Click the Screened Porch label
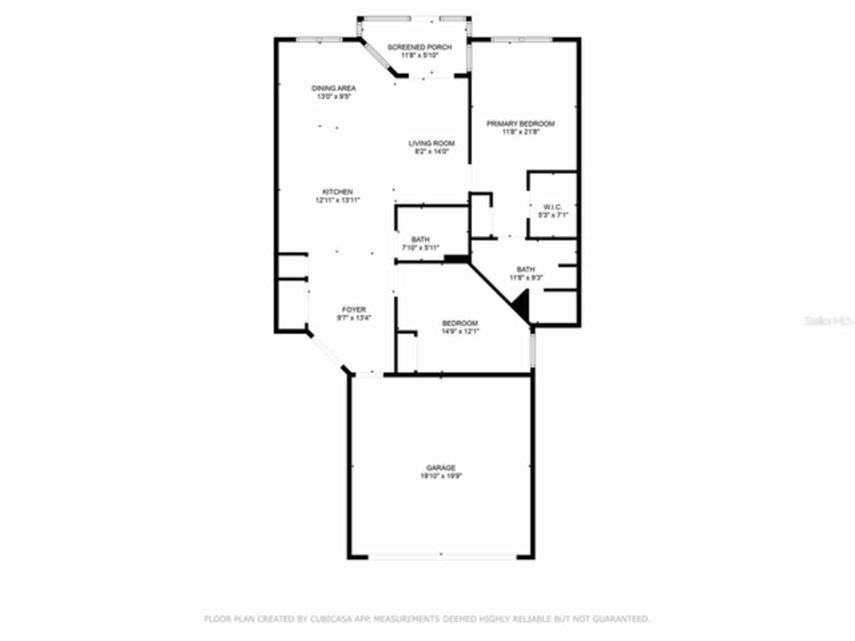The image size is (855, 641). coord(419,47)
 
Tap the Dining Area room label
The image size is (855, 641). coord(333,88)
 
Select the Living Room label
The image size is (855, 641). coord(432,144)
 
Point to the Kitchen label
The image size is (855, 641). coord(337,192)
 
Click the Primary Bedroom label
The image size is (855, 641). coord(520,124)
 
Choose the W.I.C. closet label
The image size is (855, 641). coord(552,207)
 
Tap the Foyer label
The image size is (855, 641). coord(353,310)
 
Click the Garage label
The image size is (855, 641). coord(441,468)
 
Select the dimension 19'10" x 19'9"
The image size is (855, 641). coord(441,477)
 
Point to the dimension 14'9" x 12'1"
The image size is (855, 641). coord(460,332)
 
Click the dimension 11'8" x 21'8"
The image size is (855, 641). coord(520,132)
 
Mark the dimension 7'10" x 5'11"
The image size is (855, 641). coord(420,248)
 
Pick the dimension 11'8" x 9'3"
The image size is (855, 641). coord(526,278)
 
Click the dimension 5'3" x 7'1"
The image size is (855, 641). coord(552,216)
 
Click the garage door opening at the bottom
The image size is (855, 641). coord(441,555)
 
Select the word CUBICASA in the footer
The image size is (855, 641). coord(327,619)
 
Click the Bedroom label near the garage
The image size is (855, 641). coord(460,324)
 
